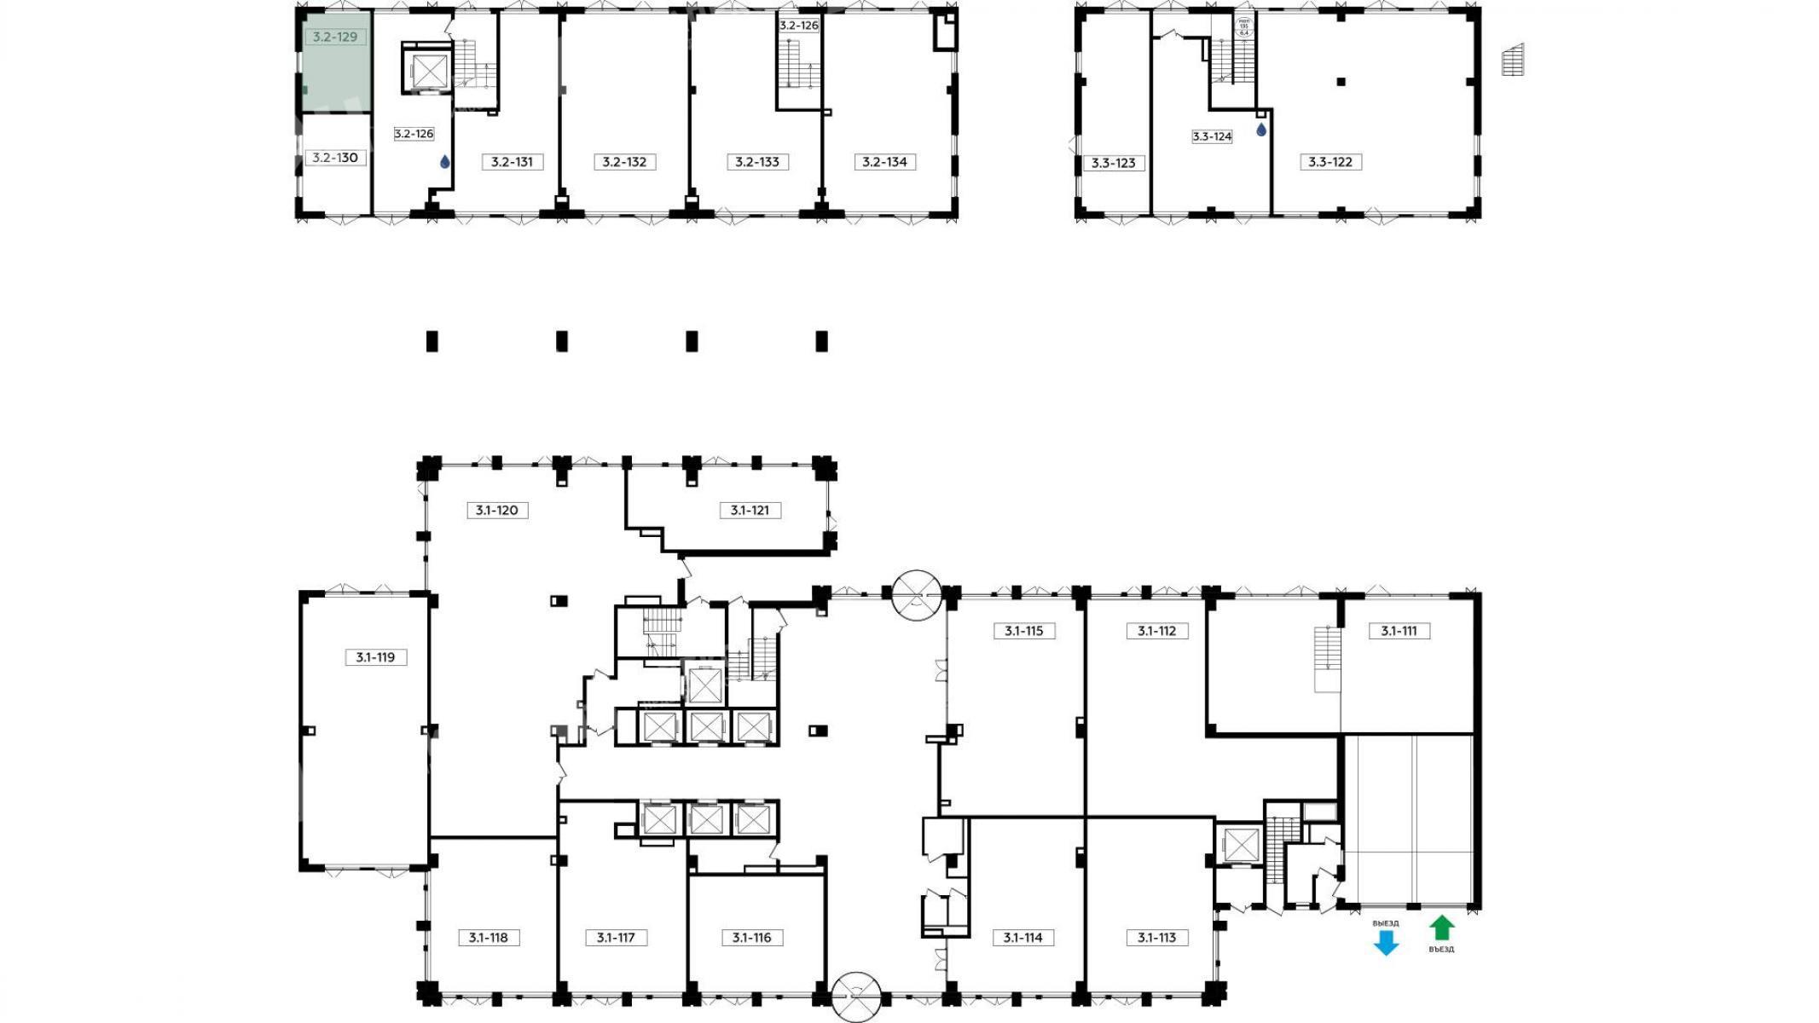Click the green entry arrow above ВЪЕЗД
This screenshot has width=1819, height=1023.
point(1441,928)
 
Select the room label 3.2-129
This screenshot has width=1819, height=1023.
point(335,38)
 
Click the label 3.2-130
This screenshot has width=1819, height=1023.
point(335,158)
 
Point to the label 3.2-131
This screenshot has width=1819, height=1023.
point(512,162)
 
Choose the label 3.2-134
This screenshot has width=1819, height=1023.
point(884,162)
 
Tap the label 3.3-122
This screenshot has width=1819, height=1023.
point(1330,162)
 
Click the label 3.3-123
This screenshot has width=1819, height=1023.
point(1114,163)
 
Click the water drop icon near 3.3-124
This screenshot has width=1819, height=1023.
point(1261,130)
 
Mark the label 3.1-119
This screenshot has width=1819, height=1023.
point(375,657)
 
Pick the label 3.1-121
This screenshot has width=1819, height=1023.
point(750,511)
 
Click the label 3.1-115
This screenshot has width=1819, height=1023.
point(1023,631)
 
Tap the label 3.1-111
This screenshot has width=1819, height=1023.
point(1399,631)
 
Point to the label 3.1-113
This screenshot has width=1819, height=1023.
point(1156,938)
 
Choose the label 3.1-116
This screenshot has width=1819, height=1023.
point(751,938)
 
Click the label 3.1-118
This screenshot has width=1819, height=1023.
point(488,938)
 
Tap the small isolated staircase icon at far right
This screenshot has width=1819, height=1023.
point(1513,60)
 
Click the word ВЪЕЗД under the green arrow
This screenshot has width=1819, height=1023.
point(1441,949)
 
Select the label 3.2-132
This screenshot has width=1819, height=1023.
point(624,162)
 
